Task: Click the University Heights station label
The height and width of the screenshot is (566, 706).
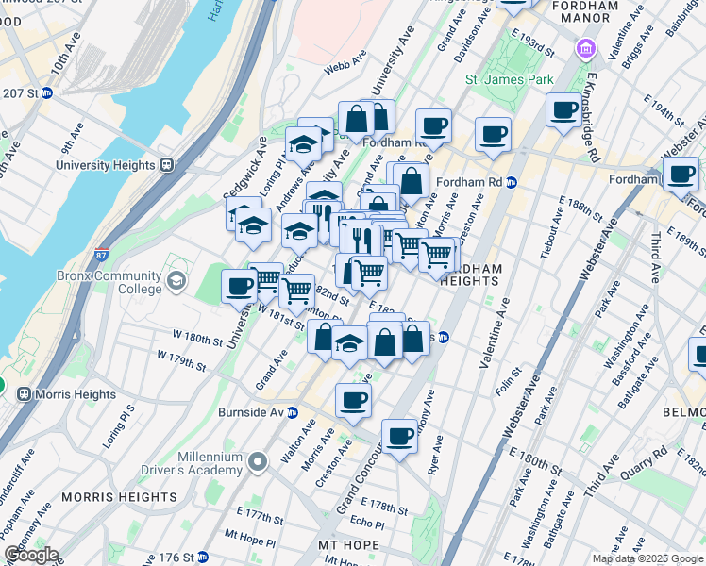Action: [x=105, y=165]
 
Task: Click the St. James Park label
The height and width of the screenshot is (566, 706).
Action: [x=509, y=80]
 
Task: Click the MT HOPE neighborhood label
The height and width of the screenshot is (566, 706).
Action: [x=348, y=545]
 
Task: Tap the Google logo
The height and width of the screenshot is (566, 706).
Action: [x=30, y=555]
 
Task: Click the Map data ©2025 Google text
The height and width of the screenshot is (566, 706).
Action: [x=647, y=558]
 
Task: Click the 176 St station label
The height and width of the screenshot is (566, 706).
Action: [x=184, y=558]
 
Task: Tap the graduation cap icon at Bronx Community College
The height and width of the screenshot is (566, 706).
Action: [x=176, y=280]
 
